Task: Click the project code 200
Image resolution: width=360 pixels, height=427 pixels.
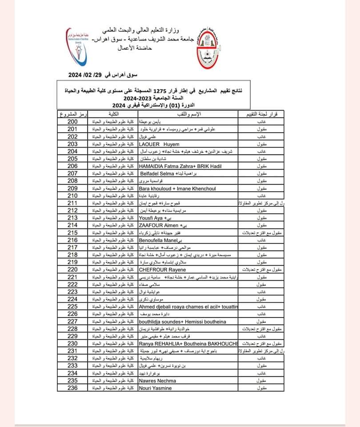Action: [72, 122]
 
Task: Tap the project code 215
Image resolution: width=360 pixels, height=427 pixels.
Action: [72, 233]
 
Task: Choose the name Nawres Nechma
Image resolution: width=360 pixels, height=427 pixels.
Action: [157, 381]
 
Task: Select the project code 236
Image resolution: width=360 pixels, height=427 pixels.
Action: [72, 388]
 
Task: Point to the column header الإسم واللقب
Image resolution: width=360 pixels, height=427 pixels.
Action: [189, 115]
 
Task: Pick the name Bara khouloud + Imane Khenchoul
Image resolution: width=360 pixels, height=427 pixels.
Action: [177, 189]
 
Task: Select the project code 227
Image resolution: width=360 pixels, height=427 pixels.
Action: [72, 322]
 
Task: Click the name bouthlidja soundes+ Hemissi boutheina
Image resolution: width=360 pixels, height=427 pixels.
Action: [182, 322]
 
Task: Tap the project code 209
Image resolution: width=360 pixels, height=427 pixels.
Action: [72, 189]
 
